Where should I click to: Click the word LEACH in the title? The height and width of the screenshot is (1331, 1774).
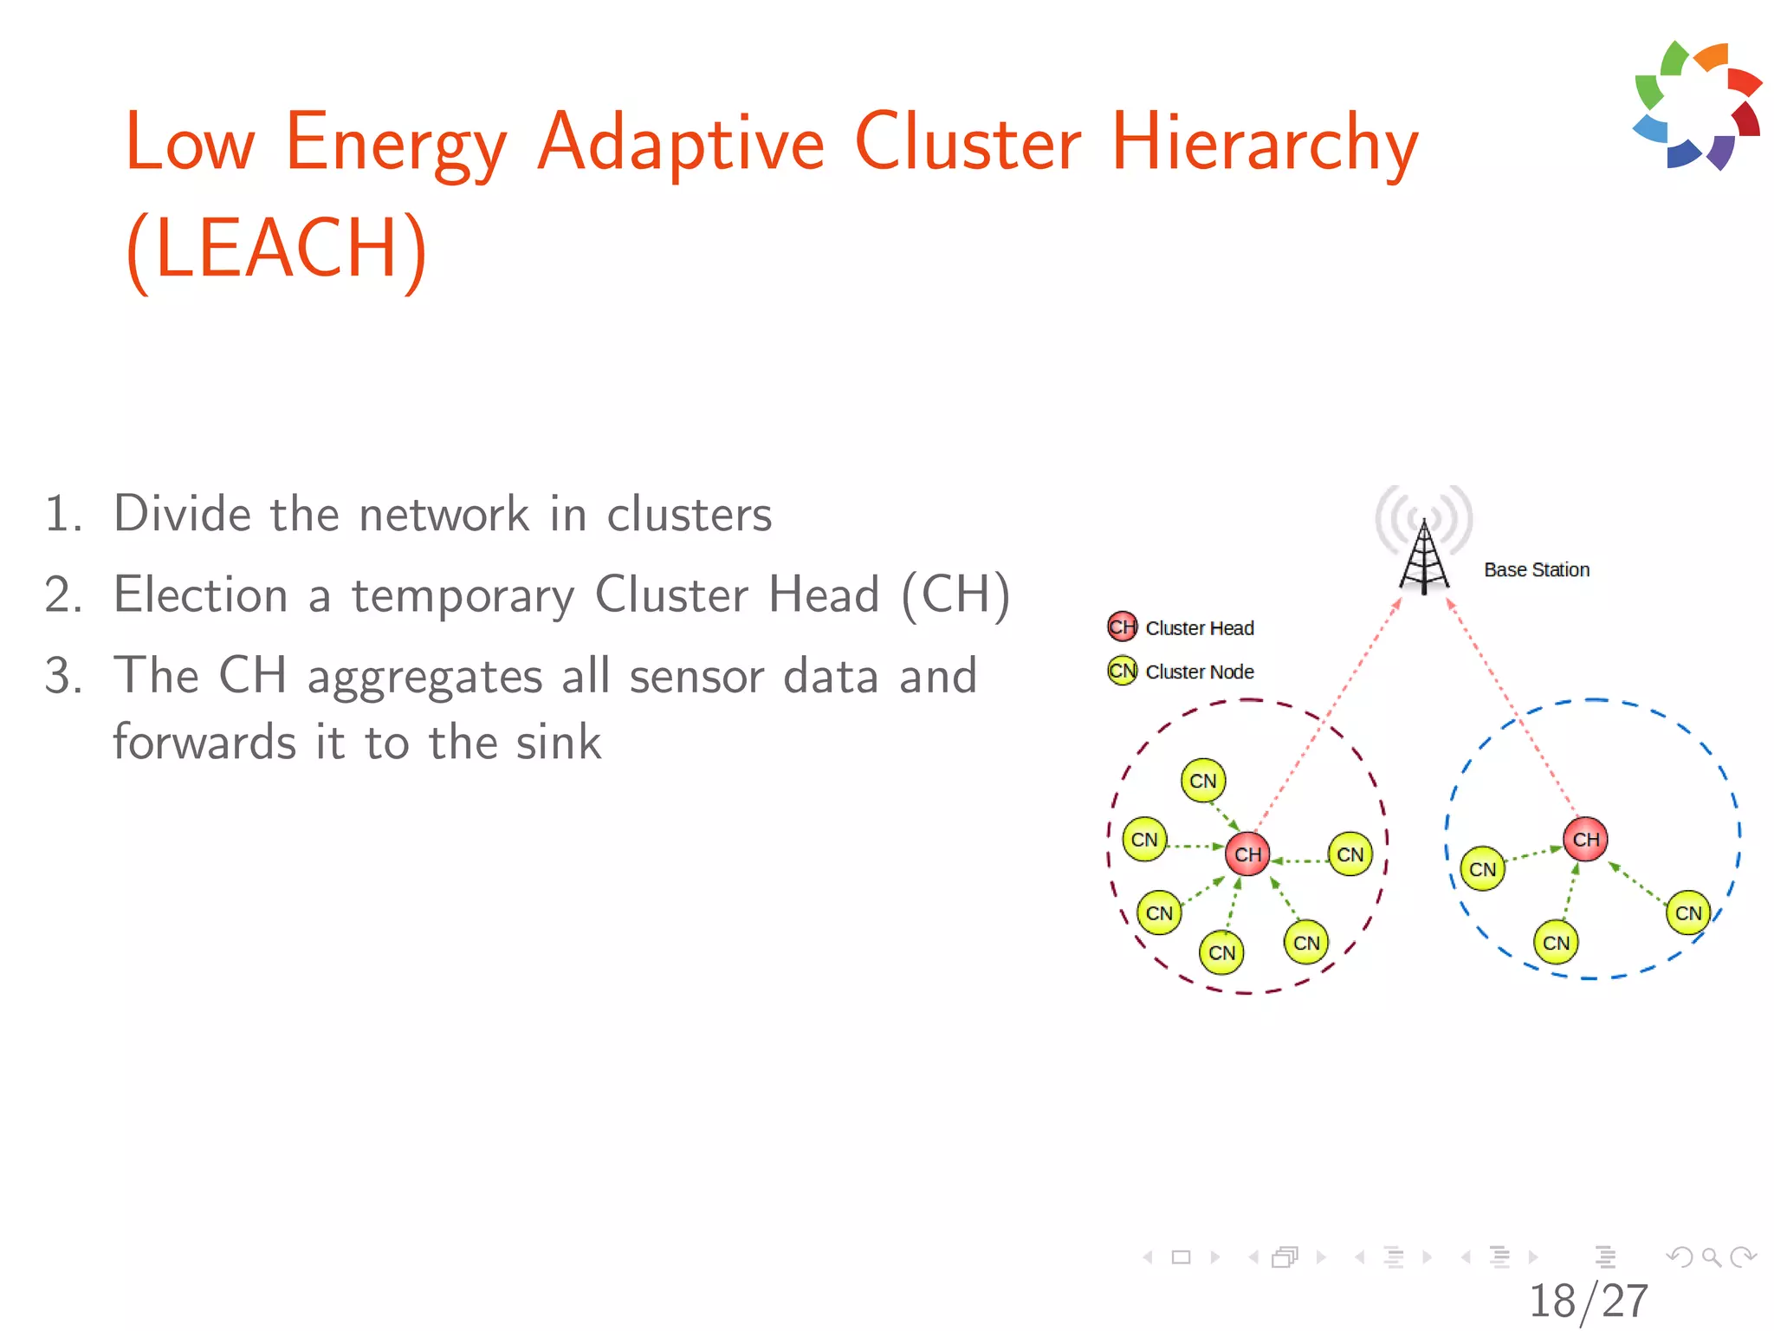tap(275, 249)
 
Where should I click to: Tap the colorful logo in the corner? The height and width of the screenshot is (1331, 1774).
tap(1697, 106)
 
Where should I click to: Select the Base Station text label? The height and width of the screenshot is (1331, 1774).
tap(1537, 570)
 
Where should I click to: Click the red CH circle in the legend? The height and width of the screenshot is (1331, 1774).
tap(1122, 627)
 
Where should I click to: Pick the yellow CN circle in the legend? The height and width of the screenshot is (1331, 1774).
tap(1122, 671)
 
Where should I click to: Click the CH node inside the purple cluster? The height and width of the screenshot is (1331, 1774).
tap(1247, 854)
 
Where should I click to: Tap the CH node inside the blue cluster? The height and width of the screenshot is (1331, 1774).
tap(1585, 839)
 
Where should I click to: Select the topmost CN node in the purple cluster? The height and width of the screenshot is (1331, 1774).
tap(1202, 781)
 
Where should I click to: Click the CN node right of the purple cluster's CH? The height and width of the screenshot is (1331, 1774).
tap(1350, 854)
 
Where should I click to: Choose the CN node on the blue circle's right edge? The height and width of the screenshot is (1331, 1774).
tap(1687, 912)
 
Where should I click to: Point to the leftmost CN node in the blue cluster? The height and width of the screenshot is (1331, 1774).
tap(1482, 868)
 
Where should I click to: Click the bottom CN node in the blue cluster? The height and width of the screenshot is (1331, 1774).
tap(1556, 943)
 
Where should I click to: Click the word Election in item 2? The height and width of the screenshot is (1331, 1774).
tap(201, 595)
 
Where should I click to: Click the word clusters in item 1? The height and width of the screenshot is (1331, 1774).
tap(689, 515)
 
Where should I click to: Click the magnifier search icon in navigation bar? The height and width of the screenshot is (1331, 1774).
tap(1711, 1256)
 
